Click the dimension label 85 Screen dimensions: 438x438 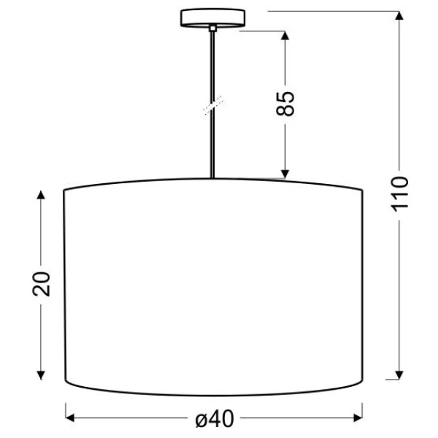coord(285,104)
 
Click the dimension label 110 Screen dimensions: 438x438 coord(399,193)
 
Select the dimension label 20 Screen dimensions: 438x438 coord(41,284)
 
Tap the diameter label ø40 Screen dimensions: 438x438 coord(214,419)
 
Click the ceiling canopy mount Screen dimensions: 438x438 coord(212,18)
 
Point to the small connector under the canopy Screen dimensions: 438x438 coord(212,28)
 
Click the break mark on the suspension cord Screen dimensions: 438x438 coord(214,105)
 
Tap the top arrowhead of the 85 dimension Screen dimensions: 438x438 coord(285,36)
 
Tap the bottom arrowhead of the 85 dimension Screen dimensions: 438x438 coord(285,174)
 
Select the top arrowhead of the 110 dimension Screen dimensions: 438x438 coord(399,15)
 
